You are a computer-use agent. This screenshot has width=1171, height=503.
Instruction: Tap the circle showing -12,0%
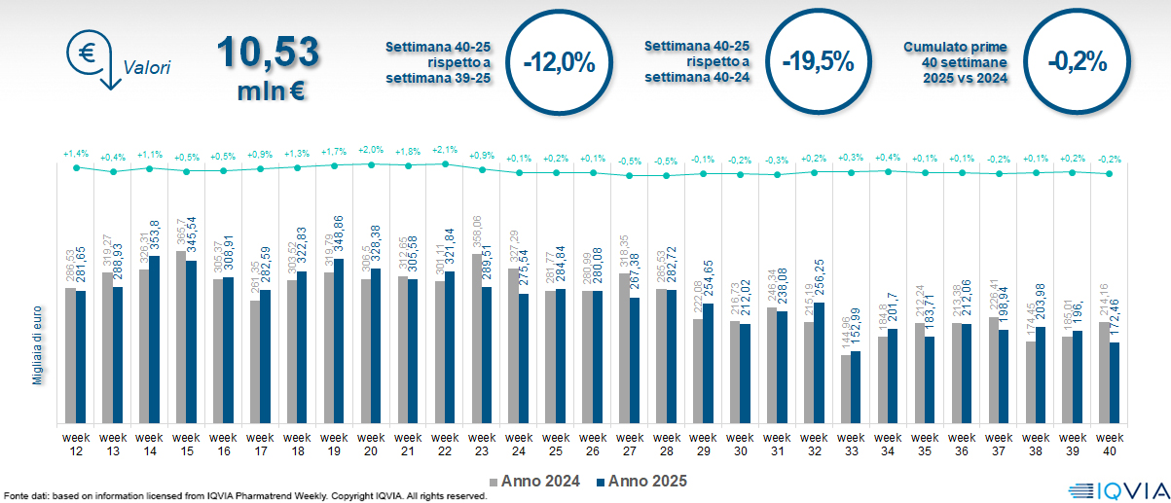[x=559, y=61]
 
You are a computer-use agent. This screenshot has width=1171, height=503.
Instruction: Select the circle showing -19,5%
[x=818, y=61]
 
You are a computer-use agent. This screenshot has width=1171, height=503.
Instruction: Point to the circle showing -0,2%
[x=1078, y=61]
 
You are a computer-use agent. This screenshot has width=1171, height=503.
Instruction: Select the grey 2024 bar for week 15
[x=181, y=337]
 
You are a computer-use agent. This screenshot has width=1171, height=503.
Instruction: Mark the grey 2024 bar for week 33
[x=845, y=389]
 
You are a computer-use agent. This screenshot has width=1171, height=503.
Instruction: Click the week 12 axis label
[x=76, y=444]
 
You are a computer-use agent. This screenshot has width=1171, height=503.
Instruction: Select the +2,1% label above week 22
[x=445, y=151]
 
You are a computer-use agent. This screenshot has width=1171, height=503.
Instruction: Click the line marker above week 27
[x=630, y=176]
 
